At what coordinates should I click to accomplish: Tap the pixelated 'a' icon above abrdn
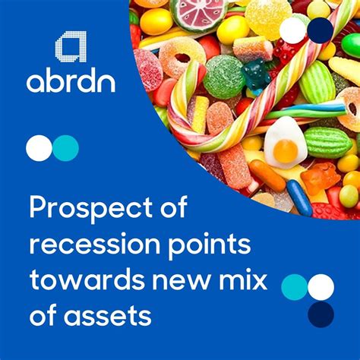[x=71, y=46]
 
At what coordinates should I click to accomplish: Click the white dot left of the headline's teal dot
[x=39, y=148]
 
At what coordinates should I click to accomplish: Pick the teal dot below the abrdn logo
[x=66, y=148]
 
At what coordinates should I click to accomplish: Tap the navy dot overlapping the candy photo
[x=321, y=30]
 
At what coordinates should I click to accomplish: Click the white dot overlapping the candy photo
[x=293, y=30]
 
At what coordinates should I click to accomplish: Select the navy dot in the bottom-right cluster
[x=321, y=314]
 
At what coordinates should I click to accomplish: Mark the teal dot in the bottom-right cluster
[x=294, y=287]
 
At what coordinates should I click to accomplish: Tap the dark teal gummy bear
[x=255, y=76]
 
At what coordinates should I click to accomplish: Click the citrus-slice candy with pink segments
[x=196, y=13]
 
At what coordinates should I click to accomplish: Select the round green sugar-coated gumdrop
[x=223, y=76]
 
